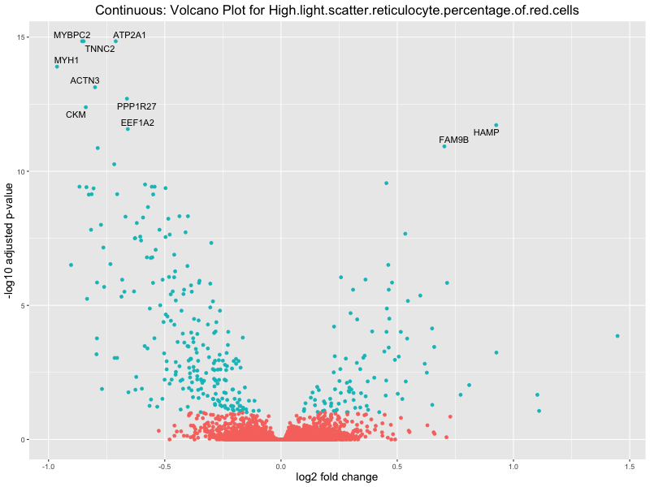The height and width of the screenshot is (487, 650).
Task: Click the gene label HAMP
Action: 486,132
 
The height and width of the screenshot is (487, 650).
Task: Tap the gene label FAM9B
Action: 453,140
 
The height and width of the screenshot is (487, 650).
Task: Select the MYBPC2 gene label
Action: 72,36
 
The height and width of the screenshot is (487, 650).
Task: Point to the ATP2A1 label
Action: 129,36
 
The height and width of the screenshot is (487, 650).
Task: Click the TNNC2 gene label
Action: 100,49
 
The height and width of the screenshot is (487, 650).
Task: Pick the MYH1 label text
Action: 67,60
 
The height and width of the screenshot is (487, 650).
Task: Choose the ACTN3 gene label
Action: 84,80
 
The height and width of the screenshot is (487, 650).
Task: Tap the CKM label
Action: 76,114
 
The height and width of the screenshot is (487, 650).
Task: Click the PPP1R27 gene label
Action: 136,106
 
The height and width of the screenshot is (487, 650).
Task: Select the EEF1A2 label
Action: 137,123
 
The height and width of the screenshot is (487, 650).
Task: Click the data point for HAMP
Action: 496,125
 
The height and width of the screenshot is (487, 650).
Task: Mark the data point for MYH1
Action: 57,67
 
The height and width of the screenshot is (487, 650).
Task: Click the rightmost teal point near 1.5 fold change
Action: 617,336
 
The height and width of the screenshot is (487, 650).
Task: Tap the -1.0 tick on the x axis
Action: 48,466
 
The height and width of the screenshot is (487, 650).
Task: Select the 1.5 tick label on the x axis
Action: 630,466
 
